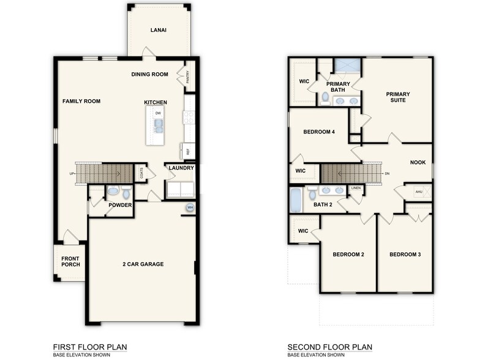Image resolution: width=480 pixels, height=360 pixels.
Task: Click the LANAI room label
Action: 159,29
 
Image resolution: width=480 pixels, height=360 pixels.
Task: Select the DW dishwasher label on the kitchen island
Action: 158,113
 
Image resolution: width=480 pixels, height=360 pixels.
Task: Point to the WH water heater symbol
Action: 190,208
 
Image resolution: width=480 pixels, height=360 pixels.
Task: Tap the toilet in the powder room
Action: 126,194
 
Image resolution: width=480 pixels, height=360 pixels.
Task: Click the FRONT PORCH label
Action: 70,262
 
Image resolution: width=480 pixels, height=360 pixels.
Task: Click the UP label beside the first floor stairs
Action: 72,173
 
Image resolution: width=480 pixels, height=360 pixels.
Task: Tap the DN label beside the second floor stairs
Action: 387,173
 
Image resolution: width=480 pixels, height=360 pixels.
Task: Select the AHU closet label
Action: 419,192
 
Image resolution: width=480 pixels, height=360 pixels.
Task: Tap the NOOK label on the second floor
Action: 418,163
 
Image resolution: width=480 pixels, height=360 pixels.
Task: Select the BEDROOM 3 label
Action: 405,254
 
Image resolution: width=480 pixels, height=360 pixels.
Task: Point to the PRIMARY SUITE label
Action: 397,97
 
